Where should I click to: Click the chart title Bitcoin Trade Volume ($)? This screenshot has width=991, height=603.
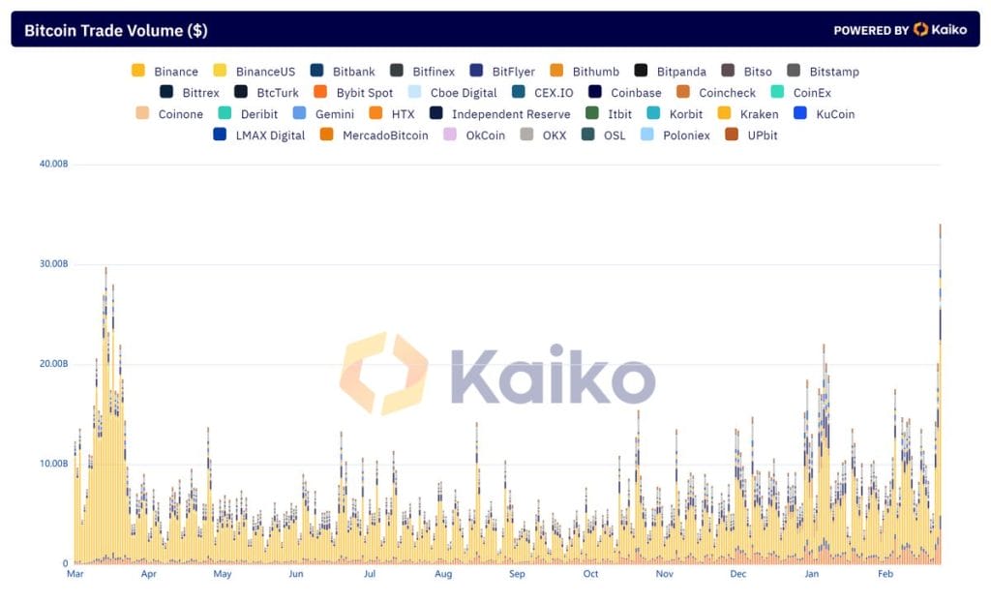coord(115,30)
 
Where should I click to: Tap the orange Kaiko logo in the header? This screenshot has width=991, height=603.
coord(920,30)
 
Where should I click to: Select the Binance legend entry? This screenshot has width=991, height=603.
coord(165,72)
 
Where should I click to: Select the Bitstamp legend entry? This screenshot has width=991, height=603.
coord(823,72)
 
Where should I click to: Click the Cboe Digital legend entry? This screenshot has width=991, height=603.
coord(452,93)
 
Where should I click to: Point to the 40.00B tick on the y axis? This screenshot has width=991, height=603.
coord(52,164)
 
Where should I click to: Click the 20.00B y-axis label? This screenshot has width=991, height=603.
coord(52,364)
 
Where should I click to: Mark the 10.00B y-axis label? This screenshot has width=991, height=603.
coord(52,464)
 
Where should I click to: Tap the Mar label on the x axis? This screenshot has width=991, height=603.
coord(75,574)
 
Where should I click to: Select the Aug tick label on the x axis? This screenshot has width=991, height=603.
coord(443,574)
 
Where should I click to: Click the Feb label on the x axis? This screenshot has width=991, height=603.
coord(886,574)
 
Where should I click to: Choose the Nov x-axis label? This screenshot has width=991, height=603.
coord(664,574)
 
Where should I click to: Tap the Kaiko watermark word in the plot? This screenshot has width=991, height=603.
coord(552,374)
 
